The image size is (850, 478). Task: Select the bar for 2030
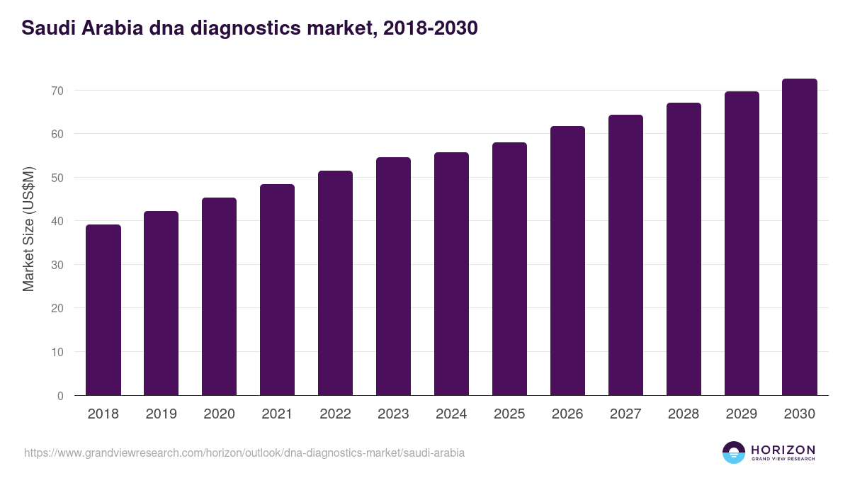[x=799, y=237]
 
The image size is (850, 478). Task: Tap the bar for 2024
[x=451, y=274]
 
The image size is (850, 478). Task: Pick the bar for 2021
[x=277, y=290]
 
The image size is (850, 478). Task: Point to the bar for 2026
[x=567, y=261]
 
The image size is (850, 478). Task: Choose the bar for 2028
[x=684, y=249]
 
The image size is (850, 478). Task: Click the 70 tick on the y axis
[x=57, y=91]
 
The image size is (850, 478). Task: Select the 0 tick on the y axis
[x=60, y=396]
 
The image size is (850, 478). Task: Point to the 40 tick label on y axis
[x=57, y=222]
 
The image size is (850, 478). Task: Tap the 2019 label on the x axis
[x=161, y=414]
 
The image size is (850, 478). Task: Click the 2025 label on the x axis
[x=509, y=414]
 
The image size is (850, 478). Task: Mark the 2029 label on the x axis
[x=742, y=414]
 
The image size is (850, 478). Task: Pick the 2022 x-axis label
[x=335, y=414]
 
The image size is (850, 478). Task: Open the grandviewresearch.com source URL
[x=244, y=453]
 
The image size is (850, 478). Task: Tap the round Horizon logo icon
[x=734, y=453]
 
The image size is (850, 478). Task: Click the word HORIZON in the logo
[x=783, y=449]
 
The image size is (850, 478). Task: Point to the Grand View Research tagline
[x=783, y=460]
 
